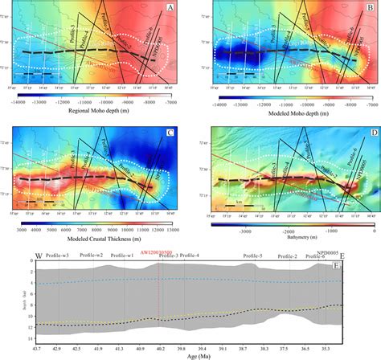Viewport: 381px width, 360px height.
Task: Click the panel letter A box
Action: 170,8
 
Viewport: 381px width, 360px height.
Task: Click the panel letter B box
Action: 371,8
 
